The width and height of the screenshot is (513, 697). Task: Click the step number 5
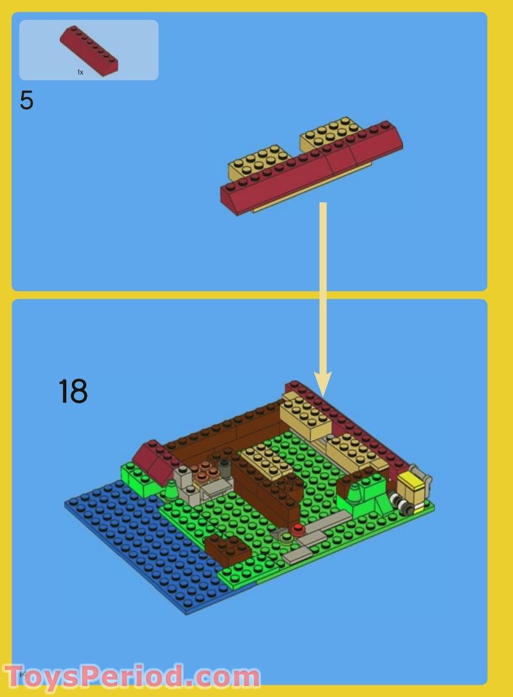[x=26, y=101]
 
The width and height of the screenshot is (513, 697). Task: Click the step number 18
[x=73, y=391]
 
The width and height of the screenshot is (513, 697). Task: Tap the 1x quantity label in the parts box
[x=80, y=73]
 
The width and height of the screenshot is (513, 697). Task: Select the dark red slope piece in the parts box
[x=89, y=49]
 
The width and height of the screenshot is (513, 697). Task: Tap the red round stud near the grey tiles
[x=298, y=529]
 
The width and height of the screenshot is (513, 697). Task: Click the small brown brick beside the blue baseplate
[x=228, y=550]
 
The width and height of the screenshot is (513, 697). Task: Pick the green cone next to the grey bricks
[x=172, y=491]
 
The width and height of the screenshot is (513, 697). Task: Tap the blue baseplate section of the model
[x=135, y=546]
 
